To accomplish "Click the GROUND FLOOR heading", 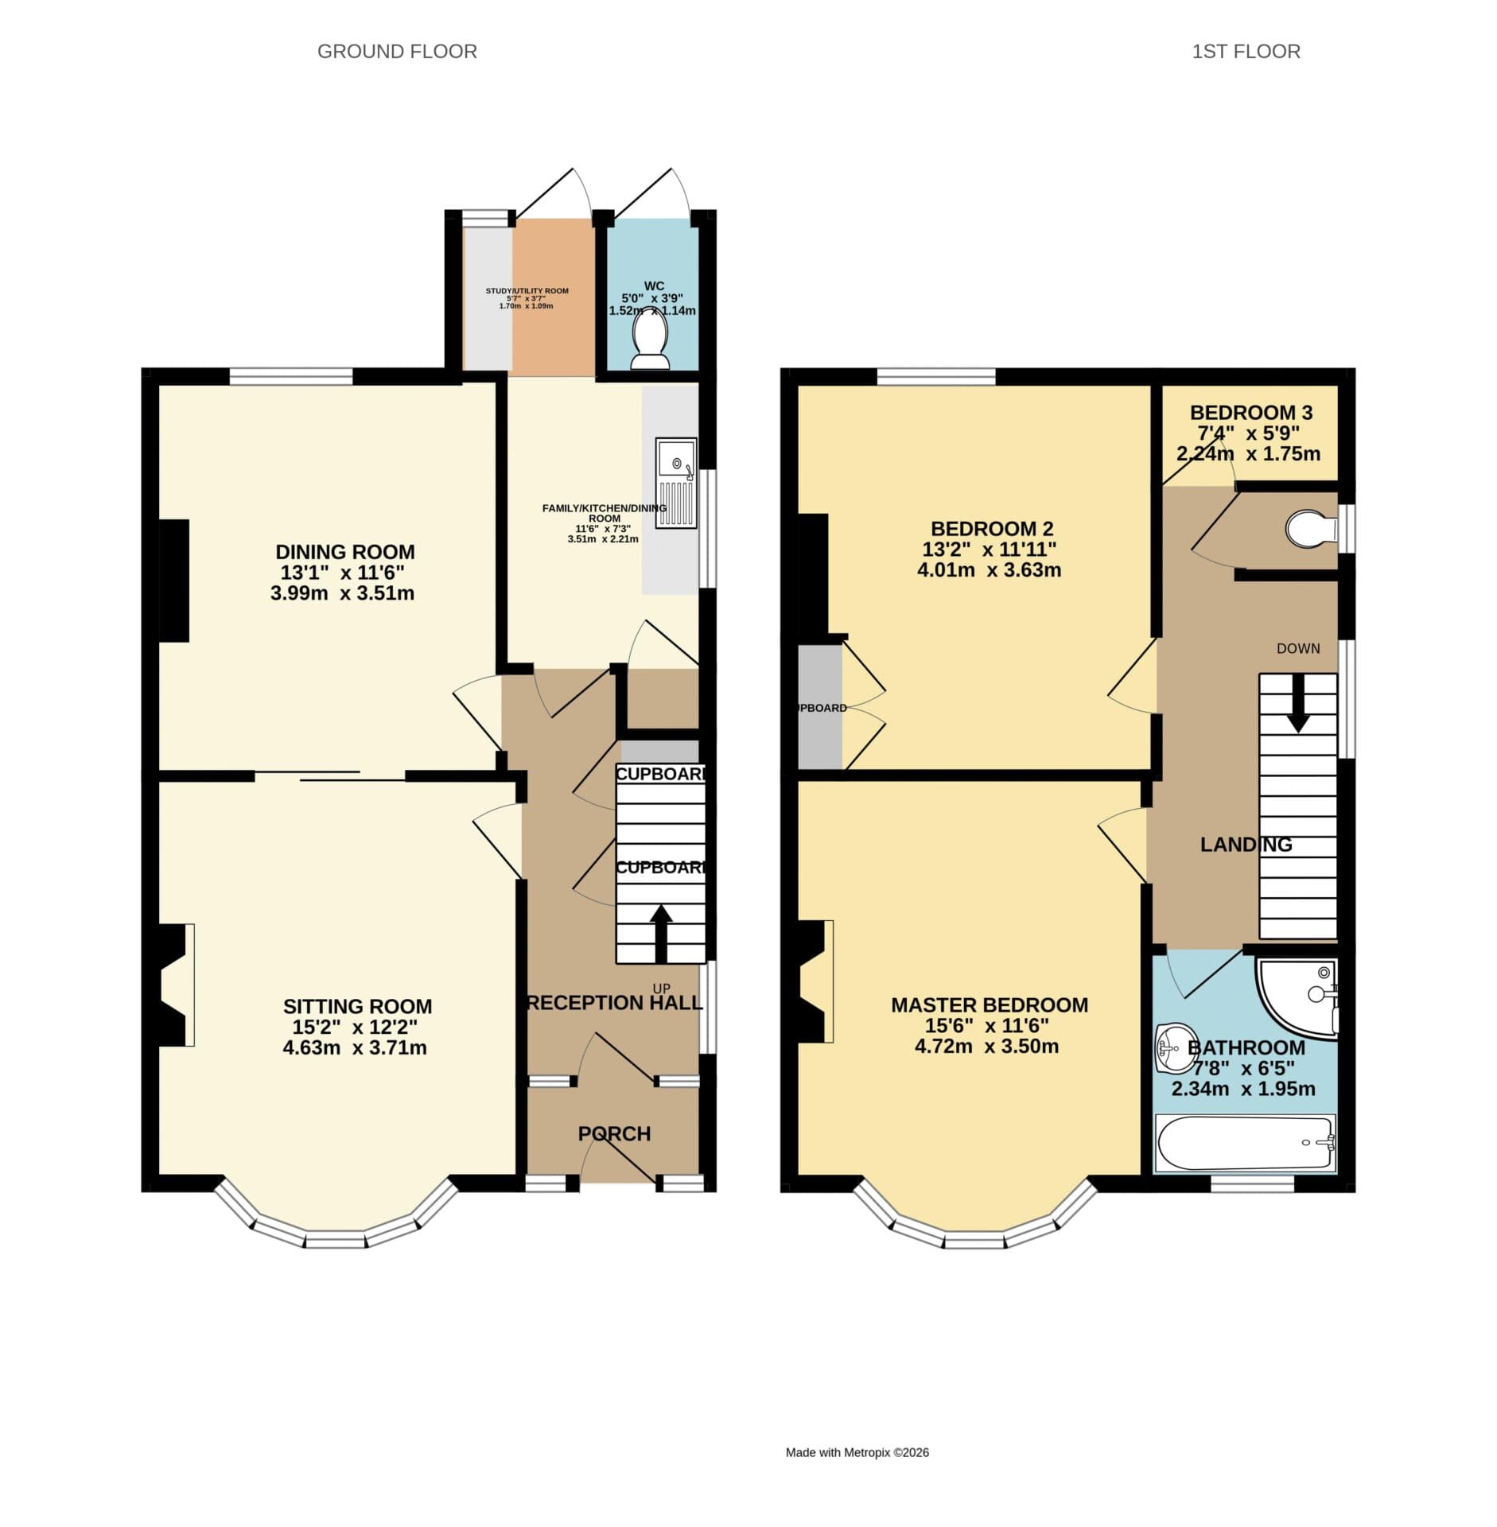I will (x=397, y=52).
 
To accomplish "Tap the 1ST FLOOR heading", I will (x=1245, y=52).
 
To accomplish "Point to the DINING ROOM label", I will (x=344, y=551).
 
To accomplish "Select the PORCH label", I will (x=614, y=1133).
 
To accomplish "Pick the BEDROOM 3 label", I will (x=1250, y=413).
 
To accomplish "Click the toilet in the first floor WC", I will (x=1311, y=528).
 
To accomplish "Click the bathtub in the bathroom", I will (x=1244, y=1144).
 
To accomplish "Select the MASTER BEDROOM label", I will (x=989, y=1005).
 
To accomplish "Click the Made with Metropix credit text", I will (x=857, y=1452).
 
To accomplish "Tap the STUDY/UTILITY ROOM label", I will (x=527, y=291).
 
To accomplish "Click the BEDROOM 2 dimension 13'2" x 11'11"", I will (x=989, y=550).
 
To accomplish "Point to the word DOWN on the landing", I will (x=1297, y=649).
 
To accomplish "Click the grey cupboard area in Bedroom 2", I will (x=819, y=707).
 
